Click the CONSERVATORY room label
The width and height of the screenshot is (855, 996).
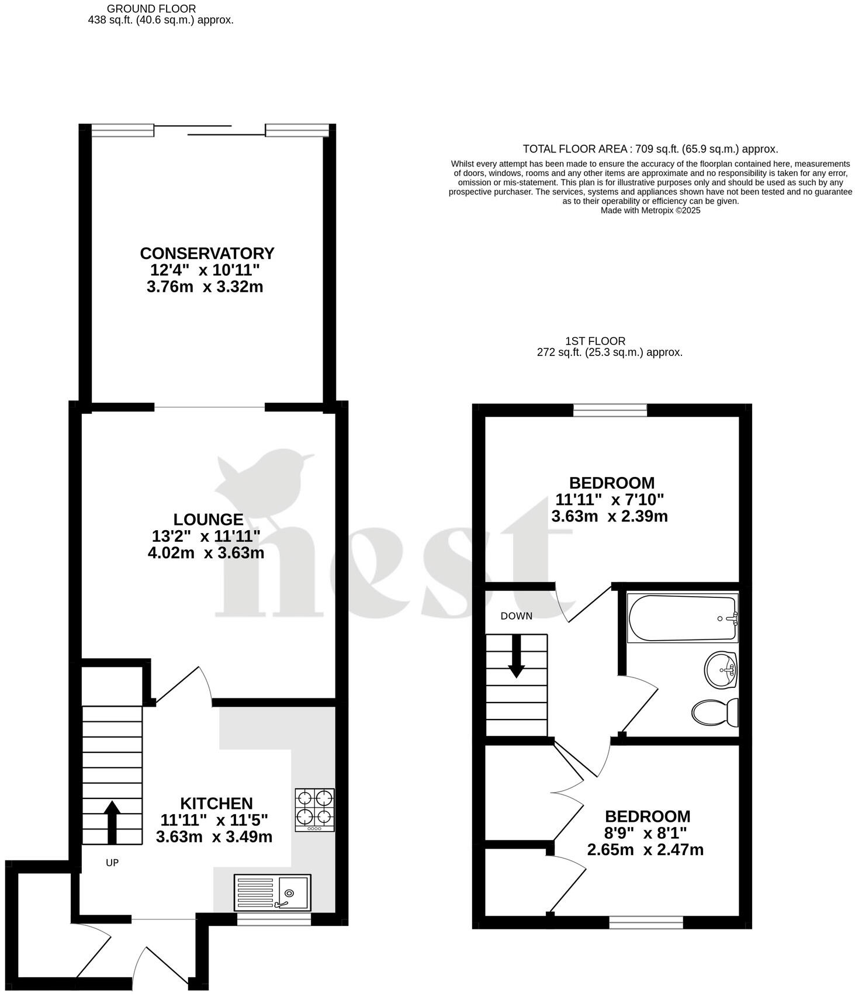click(207, 254)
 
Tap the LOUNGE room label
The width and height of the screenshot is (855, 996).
click(208, 519)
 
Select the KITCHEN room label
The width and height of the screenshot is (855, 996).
click(216, 803)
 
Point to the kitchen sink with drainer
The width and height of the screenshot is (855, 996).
click(272, 892)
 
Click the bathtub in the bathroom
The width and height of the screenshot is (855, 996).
click(683, 618)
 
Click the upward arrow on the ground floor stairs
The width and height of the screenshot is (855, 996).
click(112, 822)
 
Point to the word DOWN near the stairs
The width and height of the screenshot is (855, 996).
click(517, 616)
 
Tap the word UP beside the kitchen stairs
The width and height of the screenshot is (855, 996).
click(112, 863)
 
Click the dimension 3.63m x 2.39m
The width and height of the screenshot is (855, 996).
click(610, 517)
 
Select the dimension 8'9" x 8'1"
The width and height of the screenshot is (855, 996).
click(648, 833)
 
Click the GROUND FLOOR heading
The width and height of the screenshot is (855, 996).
click(151, 9)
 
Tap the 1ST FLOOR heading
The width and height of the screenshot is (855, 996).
click(596, 341)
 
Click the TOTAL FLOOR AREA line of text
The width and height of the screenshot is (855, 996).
click(650, 149)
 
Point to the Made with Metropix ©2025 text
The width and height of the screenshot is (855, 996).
click(650, 210)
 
